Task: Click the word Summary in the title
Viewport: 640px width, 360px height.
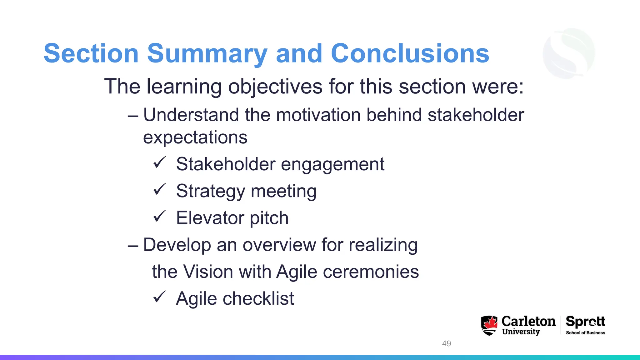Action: (x=207, y=54)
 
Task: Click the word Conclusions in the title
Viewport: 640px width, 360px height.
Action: (x=410, y=54)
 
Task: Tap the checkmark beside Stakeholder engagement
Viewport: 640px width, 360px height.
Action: (x=159, y=163)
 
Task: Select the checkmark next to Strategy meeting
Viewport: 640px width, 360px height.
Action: (x=159, y=190)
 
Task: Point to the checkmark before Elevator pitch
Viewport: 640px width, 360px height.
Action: (x=159, y=216)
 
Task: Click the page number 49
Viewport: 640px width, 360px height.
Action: (x=446, y=343)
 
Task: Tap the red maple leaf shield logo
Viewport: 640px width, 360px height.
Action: (x=489, y=325)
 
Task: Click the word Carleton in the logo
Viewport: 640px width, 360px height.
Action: (x=528, y=321)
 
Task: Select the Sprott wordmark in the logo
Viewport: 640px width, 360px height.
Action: (x=585, y=322)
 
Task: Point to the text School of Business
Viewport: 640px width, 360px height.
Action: (x=585, y=333)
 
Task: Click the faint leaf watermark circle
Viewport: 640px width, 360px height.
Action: (x=569, y=53)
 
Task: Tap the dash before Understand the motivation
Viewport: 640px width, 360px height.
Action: (x=133, y=116)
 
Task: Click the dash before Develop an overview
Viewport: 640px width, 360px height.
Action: (x=133, y=246)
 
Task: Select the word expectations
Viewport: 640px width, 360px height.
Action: (x=195, y=137)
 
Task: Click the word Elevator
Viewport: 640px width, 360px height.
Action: (x=210, y=218)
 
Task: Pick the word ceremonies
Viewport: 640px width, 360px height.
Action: (x=371, y=272)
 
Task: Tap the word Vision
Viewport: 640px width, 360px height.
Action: (x=208, y=272)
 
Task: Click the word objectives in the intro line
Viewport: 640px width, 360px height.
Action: (x=275, y=87)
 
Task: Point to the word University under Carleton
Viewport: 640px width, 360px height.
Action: (x=521, y=332)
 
